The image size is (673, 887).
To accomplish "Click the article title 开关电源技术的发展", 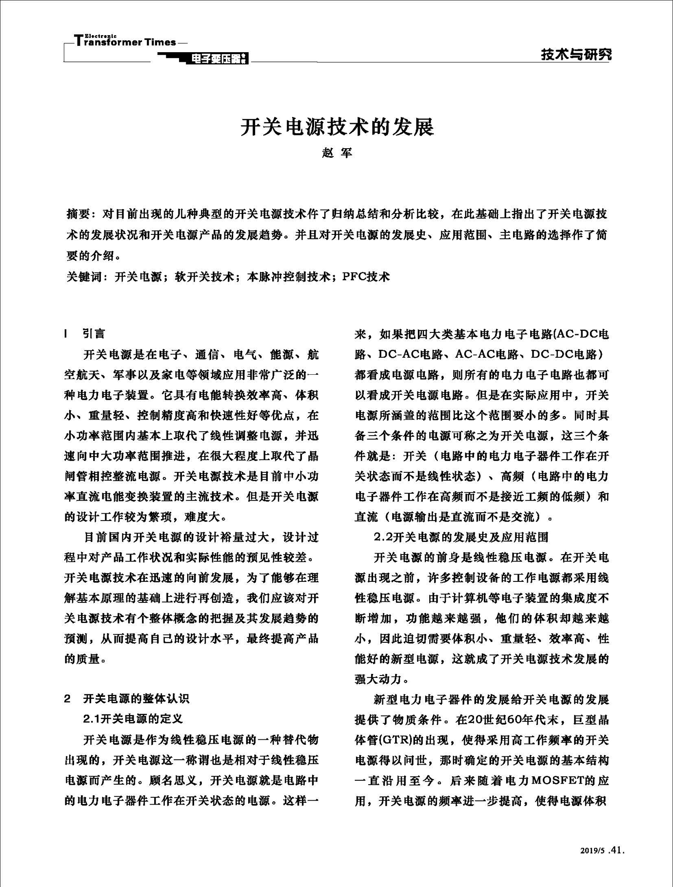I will (x=336, y=127).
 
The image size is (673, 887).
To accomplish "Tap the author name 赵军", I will (x=336, y=153).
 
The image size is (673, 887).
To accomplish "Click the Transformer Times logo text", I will (x=126, y=42).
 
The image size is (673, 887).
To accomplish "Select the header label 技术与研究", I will (x=575, y=55).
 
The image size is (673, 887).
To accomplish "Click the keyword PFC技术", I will (x=366, y=277).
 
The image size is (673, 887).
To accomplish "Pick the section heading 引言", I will (x=94, y=334).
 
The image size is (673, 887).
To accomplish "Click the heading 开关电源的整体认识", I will (x=136, y=698).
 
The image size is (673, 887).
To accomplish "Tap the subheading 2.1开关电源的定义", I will (x=133, y=719).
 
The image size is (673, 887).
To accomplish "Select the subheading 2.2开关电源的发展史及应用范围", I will (x=461, y=537).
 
